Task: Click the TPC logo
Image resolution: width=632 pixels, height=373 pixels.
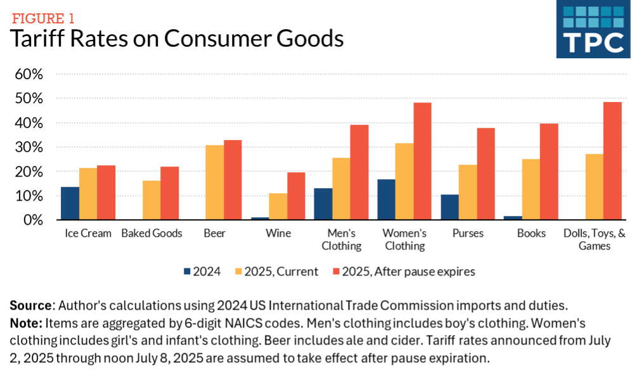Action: tap(593, 29)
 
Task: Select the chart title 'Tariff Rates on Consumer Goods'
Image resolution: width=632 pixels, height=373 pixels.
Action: tap(176, 39)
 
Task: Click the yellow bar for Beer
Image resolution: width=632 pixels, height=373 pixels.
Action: tap(214, 182)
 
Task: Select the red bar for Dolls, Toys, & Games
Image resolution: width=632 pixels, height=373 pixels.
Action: tap(612, 161)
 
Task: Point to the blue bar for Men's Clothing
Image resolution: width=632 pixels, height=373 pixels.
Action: tap(323, 204)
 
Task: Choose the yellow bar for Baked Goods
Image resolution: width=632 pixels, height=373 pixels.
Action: tap(152, 200)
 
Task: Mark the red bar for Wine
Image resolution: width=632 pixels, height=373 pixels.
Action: tap(296, 196)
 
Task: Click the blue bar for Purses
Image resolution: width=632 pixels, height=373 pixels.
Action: tap(449, 207)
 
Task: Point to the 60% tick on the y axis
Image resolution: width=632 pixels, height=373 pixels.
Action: tap(29, 74)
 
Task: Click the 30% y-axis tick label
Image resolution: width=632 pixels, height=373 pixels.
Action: tap(29, 148)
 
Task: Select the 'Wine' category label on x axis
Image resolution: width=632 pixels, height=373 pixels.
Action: tap(278, 234)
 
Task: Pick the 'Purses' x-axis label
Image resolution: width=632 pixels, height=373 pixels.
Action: tap(468, 234)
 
